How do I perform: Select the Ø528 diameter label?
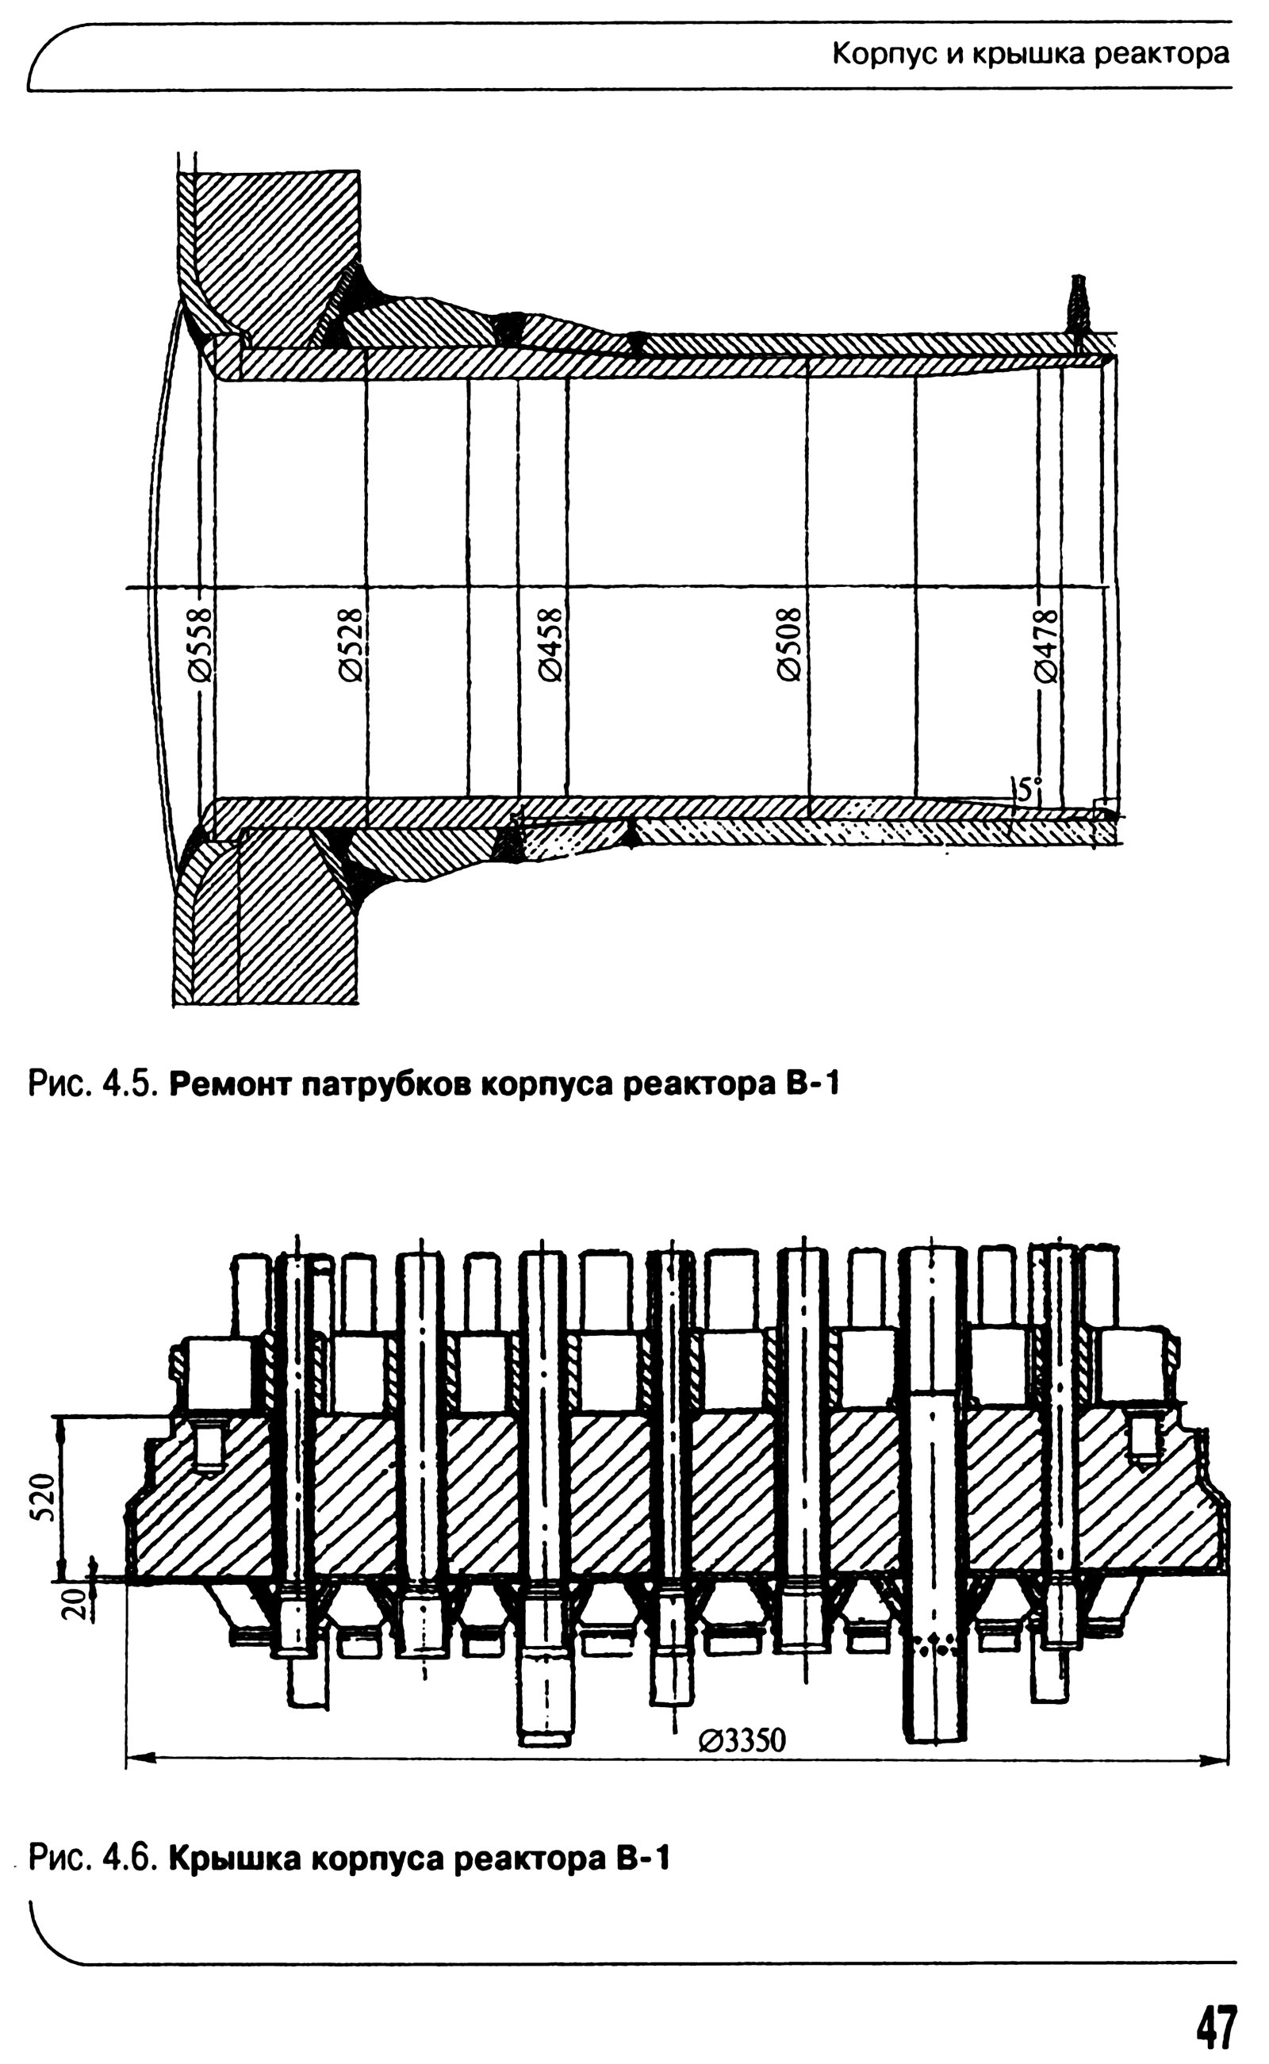(x=351, y=644)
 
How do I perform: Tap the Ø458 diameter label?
(x=550, y=644)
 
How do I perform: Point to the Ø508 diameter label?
(x=790, y=644)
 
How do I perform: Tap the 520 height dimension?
(x=48, y=1497)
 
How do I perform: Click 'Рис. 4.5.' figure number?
(x=91, y=1084)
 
